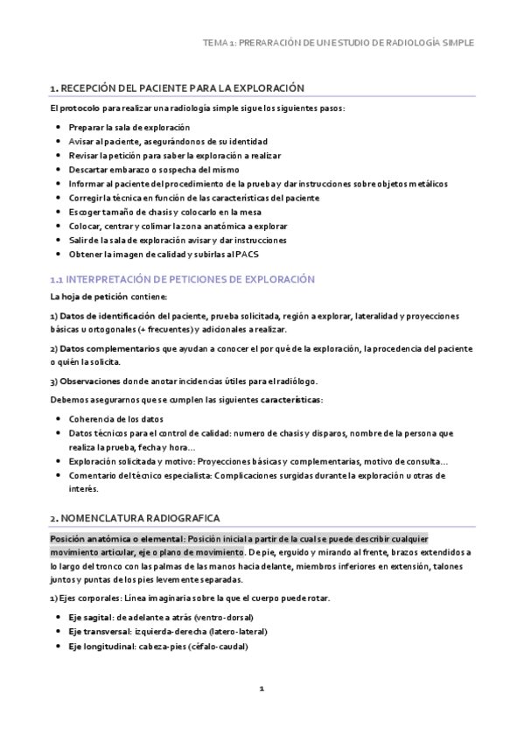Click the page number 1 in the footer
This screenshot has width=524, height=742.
tap(262, 689)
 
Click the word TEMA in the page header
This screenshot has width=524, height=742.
tap(213, 42)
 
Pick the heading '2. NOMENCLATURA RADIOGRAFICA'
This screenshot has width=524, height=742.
tap(135, 519)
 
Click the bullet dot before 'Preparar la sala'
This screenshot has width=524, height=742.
tap(58, 128)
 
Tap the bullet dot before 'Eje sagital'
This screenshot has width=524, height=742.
tap(58, 618)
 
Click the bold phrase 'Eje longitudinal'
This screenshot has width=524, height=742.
tap(100, 646)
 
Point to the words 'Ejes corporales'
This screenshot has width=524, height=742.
tap(89, 598)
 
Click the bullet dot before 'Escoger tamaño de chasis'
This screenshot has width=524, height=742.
tap(58, 212)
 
